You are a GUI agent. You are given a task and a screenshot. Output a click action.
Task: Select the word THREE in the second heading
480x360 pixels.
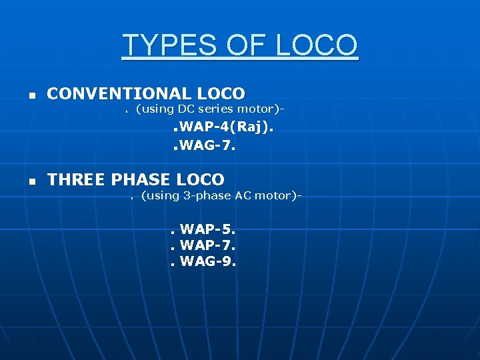pyautogui.click(x=77, y=179)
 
